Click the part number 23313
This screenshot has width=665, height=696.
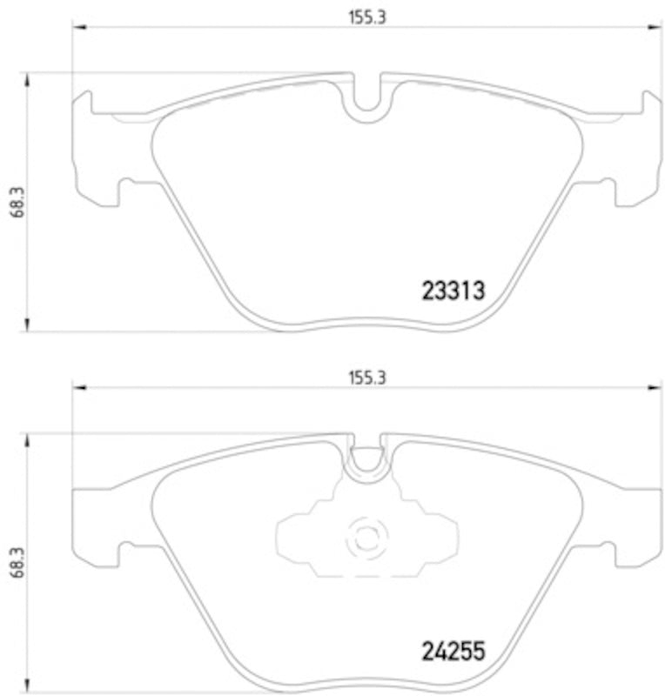click(452, 291)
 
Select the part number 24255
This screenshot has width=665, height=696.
click(452, 650)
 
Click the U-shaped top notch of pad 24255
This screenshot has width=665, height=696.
click(367, 459)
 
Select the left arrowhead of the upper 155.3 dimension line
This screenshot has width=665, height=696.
click(77, 30)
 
